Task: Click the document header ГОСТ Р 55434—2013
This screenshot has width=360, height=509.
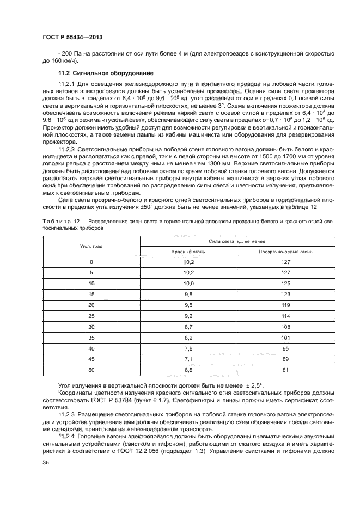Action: (72, 36)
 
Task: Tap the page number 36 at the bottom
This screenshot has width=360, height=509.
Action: (45, 463)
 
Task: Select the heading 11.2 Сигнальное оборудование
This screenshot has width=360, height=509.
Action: (98, 73)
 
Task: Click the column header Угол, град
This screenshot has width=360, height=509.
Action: (91, 246)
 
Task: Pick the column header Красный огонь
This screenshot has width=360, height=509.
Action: (188, 252)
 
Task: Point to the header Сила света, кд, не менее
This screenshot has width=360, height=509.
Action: (236, 241)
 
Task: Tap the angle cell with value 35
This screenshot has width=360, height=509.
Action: (91, 338)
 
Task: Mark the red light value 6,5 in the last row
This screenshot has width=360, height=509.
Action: (188, 370)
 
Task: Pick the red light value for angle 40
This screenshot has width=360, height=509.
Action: (188, 348)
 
